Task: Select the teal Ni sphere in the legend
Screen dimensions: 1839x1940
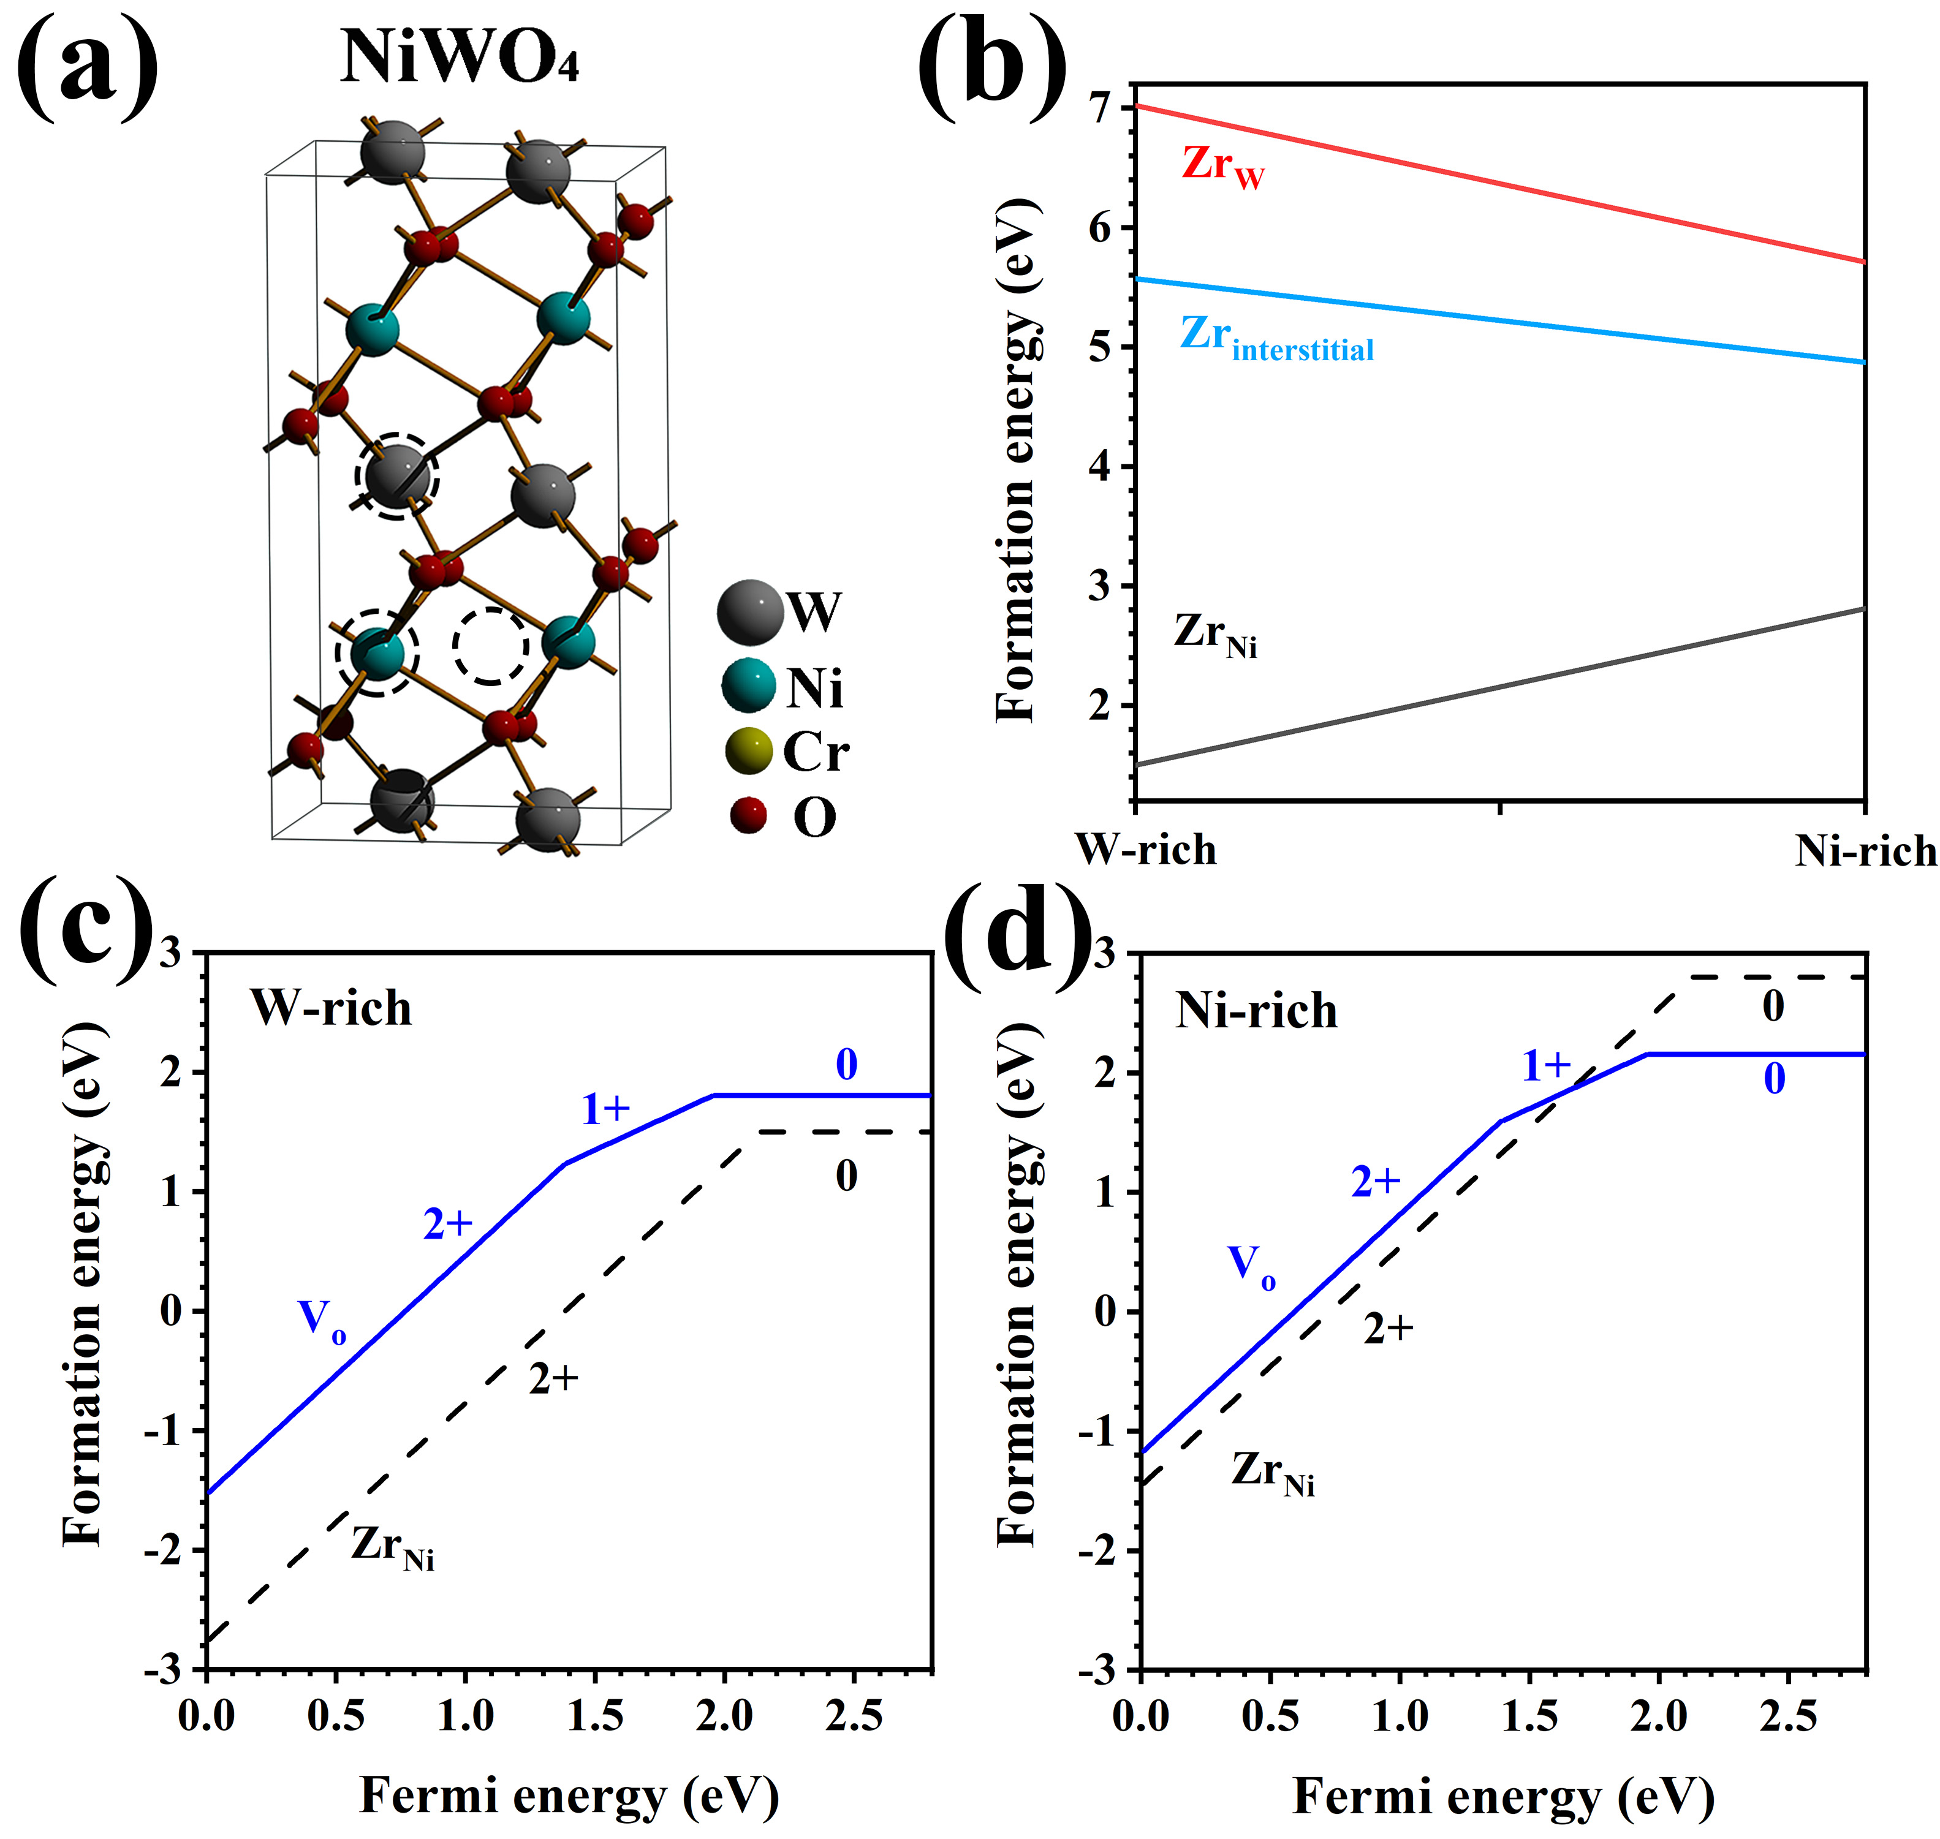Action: pos(748,685)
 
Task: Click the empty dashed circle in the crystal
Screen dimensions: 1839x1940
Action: pos(490,646)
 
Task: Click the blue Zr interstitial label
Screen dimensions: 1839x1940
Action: pos(1275,338)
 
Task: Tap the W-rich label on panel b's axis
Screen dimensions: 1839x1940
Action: pos(1146,849)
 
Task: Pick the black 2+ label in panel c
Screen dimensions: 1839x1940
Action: pos(554,1378)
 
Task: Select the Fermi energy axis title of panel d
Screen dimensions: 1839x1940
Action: pos(1504,1798)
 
